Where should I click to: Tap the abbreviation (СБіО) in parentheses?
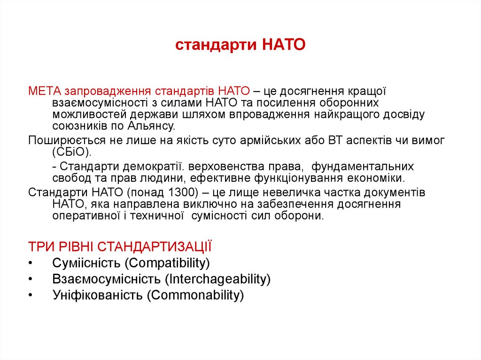click(70, 153)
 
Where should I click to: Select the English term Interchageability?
click(217, 279)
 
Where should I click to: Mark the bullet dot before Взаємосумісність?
click(31, 279)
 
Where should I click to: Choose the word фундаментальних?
click(363, 167)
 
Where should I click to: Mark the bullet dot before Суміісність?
click(31, 262)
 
